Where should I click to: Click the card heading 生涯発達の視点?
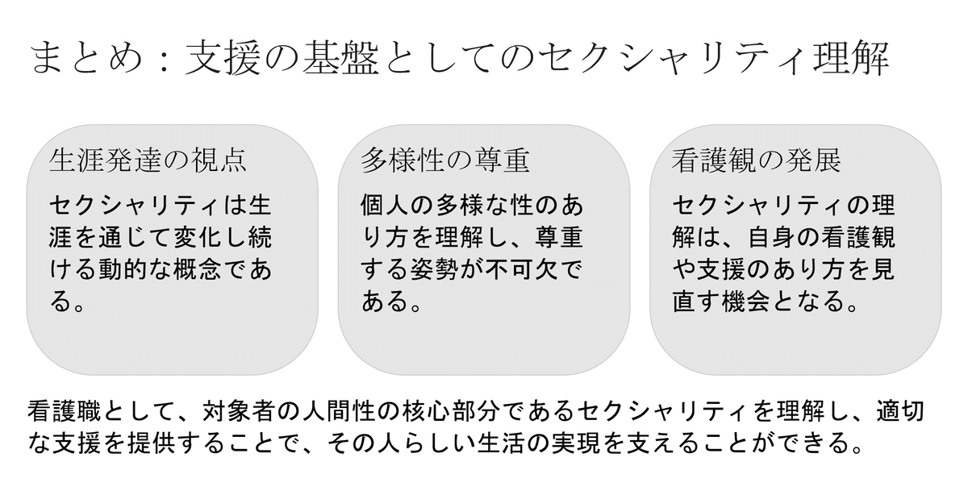pyautogui.click(x=148, y=160)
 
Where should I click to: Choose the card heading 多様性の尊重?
pyautogui.click(x=445, y=160)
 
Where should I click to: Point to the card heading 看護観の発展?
pyautogui.click(x=757, y=160)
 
